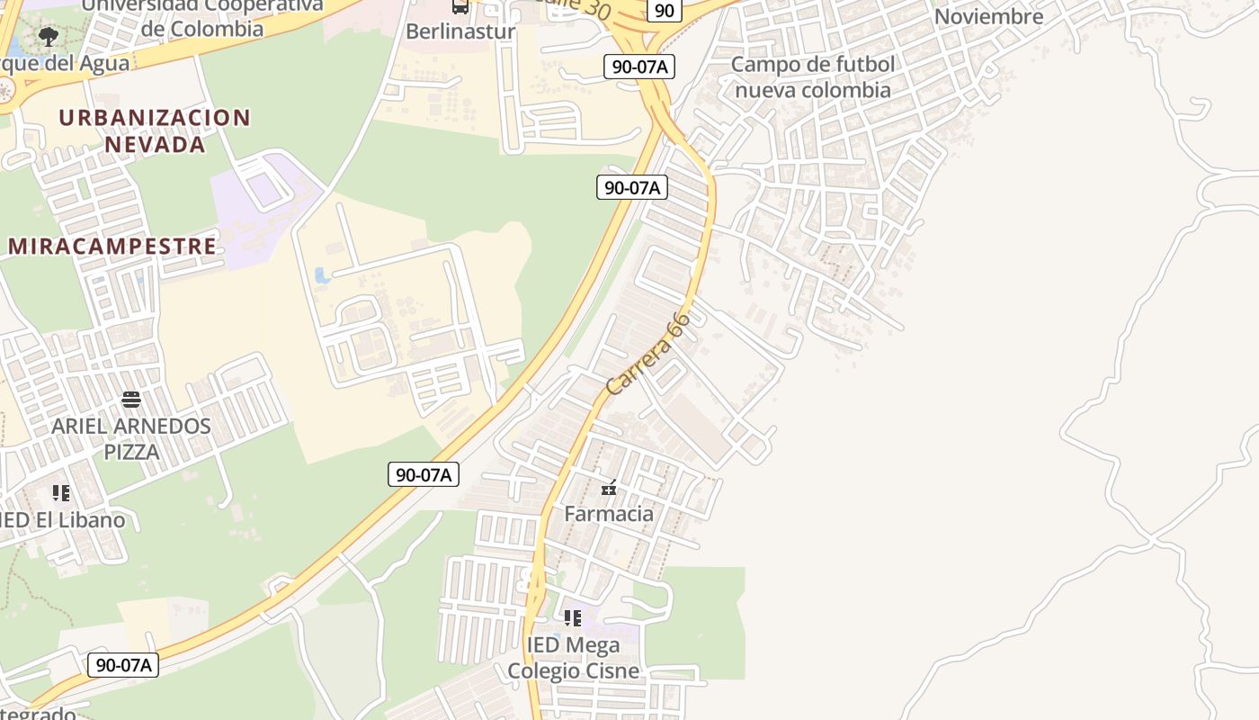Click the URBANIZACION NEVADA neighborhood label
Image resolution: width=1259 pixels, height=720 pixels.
tap(155, 130)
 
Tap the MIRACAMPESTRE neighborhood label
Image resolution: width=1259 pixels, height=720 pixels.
tap(112, 246)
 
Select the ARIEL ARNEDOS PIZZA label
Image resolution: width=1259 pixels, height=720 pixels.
tap(131, 438)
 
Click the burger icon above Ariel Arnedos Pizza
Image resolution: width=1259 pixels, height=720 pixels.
tap(131, 399)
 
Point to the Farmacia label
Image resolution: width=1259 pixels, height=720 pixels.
tap(609, 514)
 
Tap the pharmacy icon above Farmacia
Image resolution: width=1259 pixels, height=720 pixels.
tap(609, 488)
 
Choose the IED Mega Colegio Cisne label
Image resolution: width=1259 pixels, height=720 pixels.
tap(574, 658)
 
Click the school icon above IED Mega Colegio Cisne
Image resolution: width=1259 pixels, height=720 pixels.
tap(573, 618)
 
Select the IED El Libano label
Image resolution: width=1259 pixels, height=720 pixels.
tap(63, 520)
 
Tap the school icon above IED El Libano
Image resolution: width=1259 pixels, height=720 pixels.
tap(61, 492)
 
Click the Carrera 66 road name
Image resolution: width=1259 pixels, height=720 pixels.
tap(647, 353)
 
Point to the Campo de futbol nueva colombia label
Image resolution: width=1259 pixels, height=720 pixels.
tap(813, 77)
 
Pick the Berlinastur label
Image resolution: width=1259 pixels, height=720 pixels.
tap(460, 31)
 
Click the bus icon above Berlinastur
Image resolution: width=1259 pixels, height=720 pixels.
tap(460, 6)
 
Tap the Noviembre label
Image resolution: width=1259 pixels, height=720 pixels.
tap(989, 16)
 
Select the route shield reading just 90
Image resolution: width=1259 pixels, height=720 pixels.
tap(664, 11)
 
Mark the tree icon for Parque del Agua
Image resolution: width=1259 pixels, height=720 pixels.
tap(49, 37)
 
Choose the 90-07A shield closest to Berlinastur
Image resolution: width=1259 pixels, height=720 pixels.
tap(639, 67)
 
